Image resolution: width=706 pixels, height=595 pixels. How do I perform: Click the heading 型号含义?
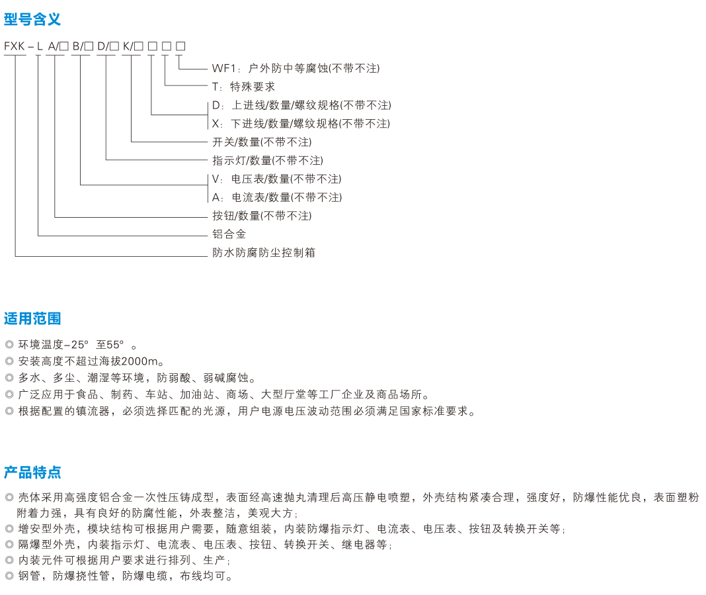pyautogui.click(x=32, y=19)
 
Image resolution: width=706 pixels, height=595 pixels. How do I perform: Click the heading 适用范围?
pyautogui.click(x=32, y=318)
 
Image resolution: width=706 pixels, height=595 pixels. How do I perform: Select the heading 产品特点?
pyautogui.click(x=32, y=472)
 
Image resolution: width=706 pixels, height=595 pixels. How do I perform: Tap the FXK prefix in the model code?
pyautogui.click(x=15, y=46)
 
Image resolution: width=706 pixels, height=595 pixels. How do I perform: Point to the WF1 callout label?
pyautogui.click(x=224, y=68)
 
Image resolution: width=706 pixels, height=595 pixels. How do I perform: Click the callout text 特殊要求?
pyautogui.click(x=252, y=87)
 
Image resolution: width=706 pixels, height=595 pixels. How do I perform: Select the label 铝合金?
pyautogui.click(x=229, y=234)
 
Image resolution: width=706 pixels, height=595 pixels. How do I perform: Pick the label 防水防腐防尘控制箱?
pyautogui.click(x=263, y=252)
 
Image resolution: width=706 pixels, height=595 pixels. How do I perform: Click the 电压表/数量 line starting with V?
pyautogui.click(x=277, y=179)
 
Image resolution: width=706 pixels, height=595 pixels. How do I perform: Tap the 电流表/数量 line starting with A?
pyautogui.click(x=277, y=197)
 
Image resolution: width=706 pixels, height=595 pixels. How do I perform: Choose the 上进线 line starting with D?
pyautogui.click(x=301, y=105)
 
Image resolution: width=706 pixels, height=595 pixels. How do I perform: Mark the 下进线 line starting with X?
pyautogui.click(x=301, y=124)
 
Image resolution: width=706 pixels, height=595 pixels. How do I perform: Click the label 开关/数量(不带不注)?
pyautogui.click(x=262, y=142)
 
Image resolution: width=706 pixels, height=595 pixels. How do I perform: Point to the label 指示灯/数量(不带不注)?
pyautogui.click(x=268, y=160)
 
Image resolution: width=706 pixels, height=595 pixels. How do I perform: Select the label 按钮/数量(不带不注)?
pyautogui.click(x=262, y=216)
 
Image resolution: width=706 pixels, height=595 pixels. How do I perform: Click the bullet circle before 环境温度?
pyautogui.click(x=9, y=345)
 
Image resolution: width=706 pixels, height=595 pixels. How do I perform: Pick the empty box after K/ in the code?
pyautogui.click(x=139, y=46)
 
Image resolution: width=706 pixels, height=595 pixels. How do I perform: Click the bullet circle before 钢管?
pyautogui.click(x=9, y=576)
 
